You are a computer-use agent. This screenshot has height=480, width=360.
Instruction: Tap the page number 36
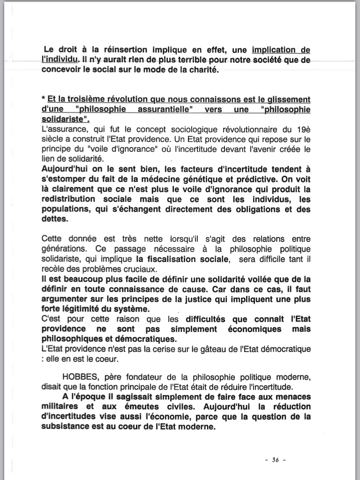275,460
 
